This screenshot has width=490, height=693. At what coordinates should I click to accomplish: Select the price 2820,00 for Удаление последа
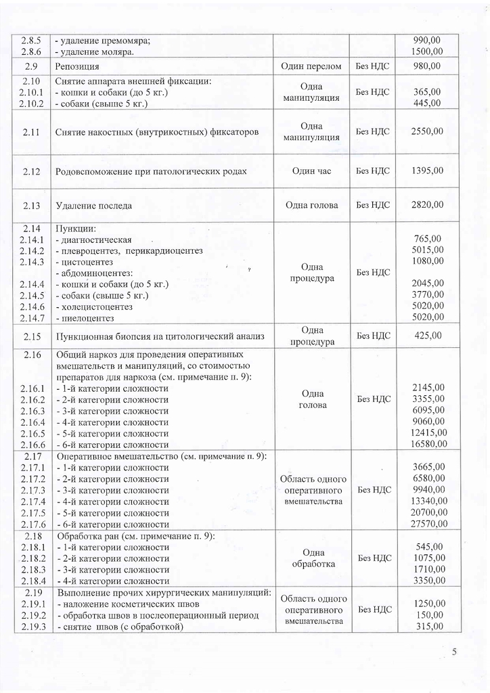pos(428,205)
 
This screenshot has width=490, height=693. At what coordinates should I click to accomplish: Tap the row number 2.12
pos(32,171)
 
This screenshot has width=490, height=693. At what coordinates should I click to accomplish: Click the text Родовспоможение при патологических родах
pos(150,171)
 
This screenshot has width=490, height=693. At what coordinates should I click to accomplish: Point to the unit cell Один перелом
pos(311,66)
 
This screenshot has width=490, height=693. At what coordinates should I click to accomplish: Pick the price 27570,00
pos(425,524)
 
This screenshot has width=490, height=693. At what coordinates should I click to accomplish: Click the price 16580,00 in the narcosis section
pos(425,444)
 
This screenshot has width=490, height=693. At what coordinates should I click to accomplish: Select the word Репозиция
pos(77,66)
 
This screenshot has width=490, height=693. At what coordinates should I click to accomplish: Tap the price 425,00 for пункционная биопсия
pos(428,335)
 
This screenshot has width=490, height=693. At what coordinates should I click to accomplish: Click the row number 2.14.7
pos(32,318)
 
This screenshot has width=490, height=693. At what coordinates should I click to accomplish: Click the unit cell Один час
pos(311,171)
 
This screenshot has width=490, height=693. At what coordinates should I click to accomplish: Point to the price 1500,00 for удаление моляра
pos(428,51)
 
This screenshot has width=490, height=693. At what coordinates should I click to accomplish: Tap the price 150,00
pos(430,614)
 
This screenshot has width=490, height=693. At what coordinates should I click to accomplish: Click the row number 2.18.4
pos(32,581)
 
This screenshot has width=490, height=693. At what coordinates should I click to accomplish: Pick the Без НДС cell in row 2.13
pos(373,205)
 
